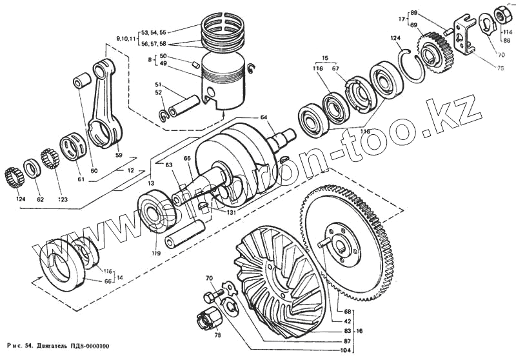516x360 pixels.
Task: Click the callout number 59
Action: (x=117, y=154)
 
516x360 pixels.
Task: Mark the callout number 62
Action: (x=40, y=200)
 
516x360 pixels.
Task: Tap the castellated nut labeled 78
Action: (x=208, y=318)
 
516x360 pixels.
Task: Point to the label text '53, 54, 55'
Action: (x=153, y=32)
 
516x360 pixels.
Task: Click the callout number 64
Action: (x=263, y=117)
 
